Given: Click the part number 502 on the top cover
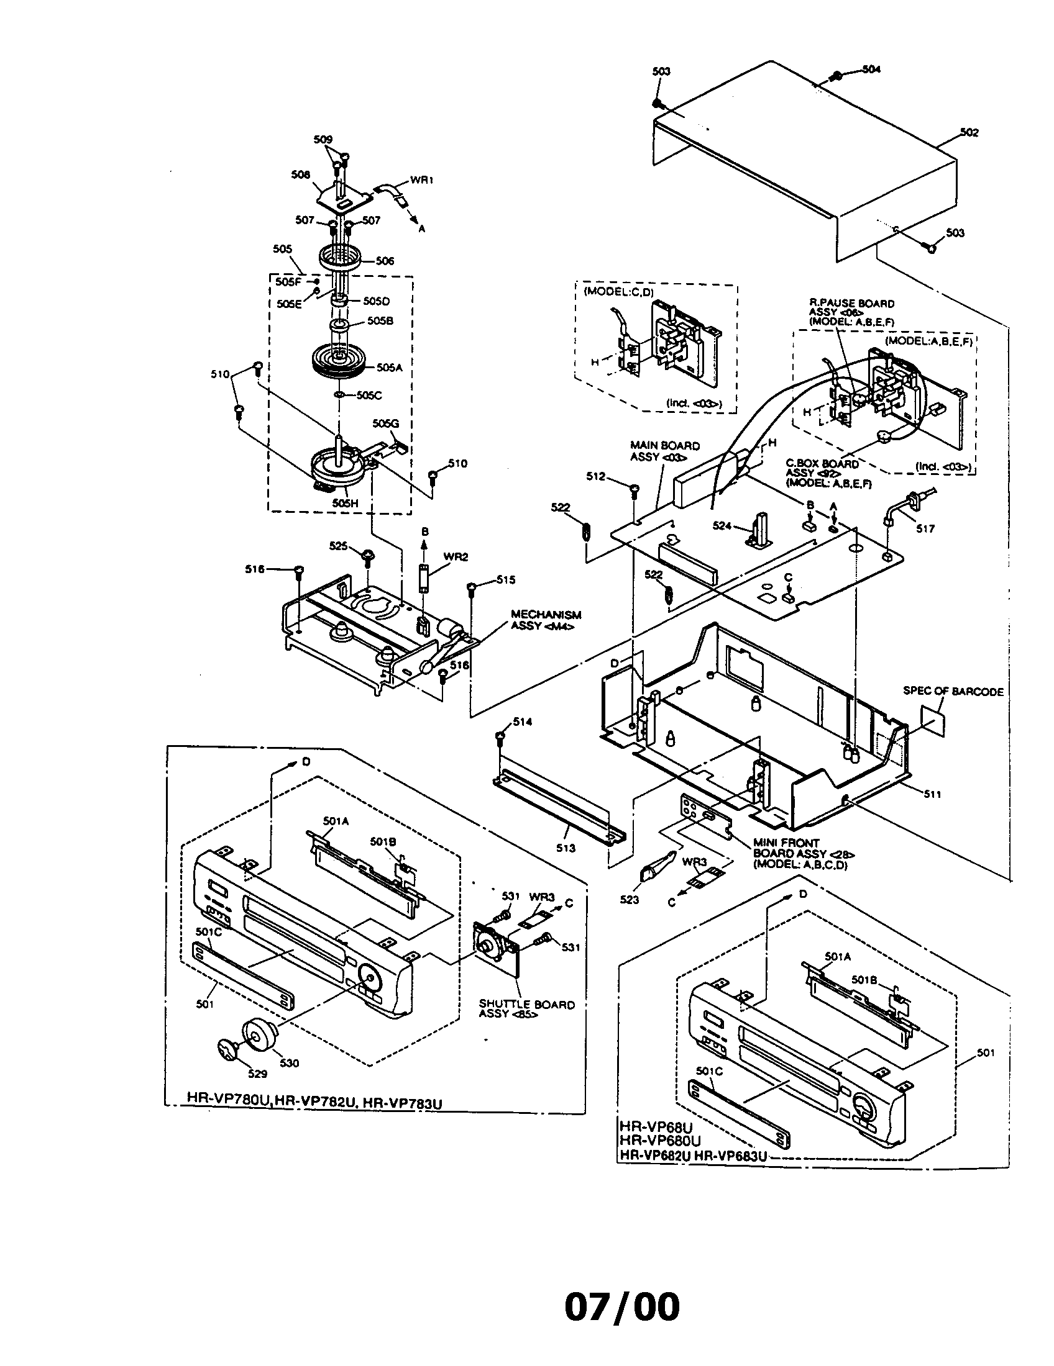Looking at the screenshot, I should [x=969, y=133].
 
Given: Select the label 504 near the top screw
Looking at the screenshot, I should [x=871, y=70].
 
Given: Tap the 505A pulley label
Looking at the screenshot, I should [x=389, y=368].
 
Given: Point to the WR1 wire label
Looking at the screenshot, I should [x=422, y=180].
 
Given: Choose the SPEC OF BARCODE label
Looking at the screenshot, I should [x=953, y=691].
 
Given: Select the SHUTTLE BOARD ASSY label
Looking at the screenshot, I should [x=526, y=1009].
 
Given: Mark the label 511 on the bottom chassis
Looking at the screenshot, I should [x=932, y=794].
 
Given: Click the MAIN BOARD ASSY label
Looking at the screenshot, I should [x=664, y=451].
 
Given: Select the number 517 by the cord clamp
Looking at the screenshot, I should [x=925, y=528].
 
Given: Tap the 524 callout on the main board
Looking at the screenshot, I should [x=722, y=526].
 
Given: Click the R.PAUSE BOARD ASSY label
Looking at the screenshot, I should [x=851, y=312].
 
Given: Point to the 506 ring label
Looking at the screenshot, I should [x=385, y=261].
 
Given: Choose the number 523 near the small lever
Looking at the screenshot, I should [x=630, y=900].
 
